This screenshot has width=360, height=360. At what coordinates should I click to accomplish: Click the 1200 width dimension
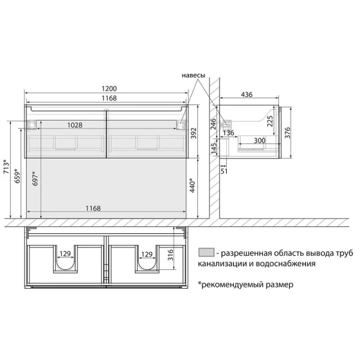click(109, 88)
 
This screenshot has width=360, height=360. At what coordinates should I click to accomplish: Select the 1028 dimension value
click(75, 125)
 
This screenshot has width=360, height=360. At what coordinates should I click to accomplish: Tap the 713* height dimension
click(7, 166)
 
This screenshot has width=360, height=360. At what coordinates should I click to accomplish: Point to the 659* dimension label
click(17, 176)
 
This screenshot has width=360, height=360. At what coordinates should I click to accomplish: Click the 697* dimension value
click(35, 179)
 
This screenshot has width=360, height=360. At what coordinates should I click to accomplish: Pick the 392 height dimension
click(194, 133)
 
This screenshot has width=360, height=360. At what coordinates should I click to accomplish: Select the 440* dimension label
click(193, 185)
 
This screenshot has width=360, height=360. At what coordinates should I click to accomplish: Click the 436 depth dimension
click(247, 94)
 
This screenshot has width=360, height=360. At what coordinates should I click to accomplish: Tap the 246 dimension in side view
click(214, 124)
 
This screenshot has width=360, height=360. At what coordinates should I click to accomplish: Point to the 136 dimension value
click(229, 133)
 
